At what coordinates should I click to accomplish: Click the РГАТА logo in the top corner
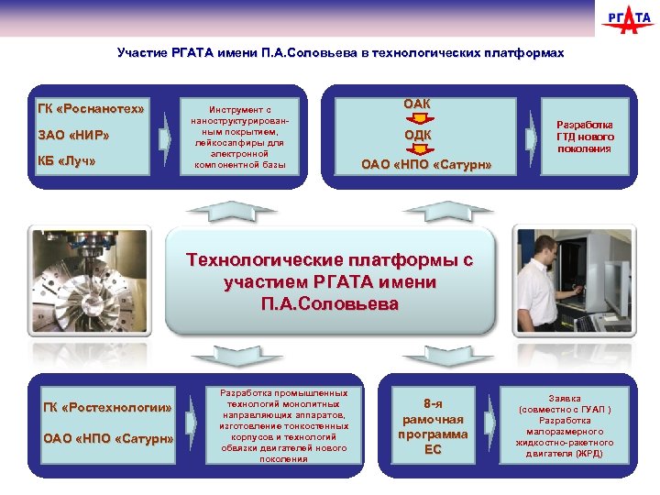pos(628,20)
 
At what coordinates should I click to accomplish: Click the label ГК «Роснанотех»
pos(91,110)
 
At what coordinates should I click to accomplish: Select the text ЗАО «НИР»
pos(73,137)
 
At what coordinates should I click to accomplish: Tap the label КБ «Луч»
pos(67,162)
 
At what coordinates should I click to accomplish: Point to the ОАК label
pos(417,104)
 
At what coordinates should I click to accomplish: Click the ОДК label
pos(417,136)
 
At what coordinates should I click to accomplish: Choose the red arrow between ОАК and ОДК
pos(417,119)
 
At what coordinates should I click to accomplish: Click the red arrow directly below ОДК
pos(417,150)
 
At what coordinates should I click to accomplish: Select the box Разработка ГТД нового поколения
pos(584,137)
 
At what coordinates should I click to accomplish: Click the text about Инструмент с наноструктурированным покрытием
pos(240,137)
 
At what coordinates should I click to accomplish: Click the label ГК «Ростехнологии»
pos(107,407)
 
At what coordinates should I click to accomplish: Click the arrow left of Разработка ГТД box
pos(531,137)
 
